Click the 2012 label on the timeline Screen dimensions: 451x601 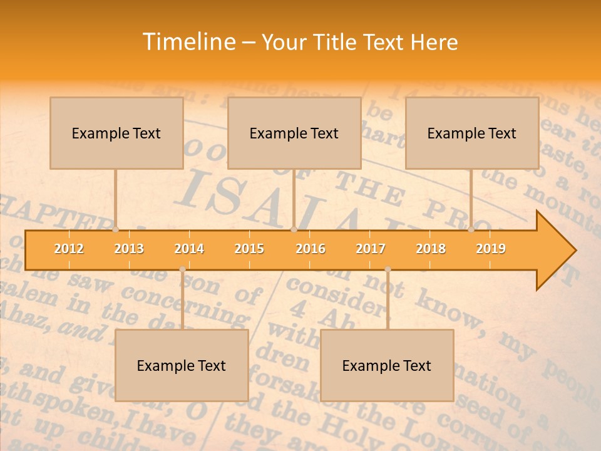point(69,249)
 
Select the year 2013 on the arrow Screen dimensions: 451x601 point(129,249)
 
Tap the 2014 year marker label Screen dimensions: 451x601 point(189,249)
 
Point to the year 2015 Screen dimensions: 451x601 point(249,249)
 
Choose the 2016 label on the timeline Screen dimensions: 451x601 point(311,249)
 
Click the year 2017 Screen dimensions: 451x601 point(371,249)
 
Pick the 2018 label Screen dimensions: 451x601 point(431,249)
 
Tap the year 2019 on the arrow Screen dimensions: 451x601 point(491,249)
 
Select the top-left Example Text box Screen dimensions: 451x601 point(116,133)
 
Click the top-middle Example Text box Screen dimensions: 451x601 point(294,133)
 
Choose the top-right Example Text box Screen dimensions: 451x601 point(472,133)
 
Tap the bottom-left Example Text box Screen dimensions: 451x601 point(182,366)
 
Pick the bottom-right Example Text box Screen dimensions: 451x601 point(387,366)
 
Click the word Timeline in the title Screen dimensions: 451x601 point(188,42)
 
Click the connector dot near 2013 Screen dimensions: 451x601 point(116,229)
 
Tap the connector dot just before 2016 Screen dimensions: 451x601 point(294,229)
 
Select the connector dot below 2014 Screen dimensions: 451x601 point(182,269)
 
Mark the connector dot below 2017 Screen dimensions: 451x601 point(388,269)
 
